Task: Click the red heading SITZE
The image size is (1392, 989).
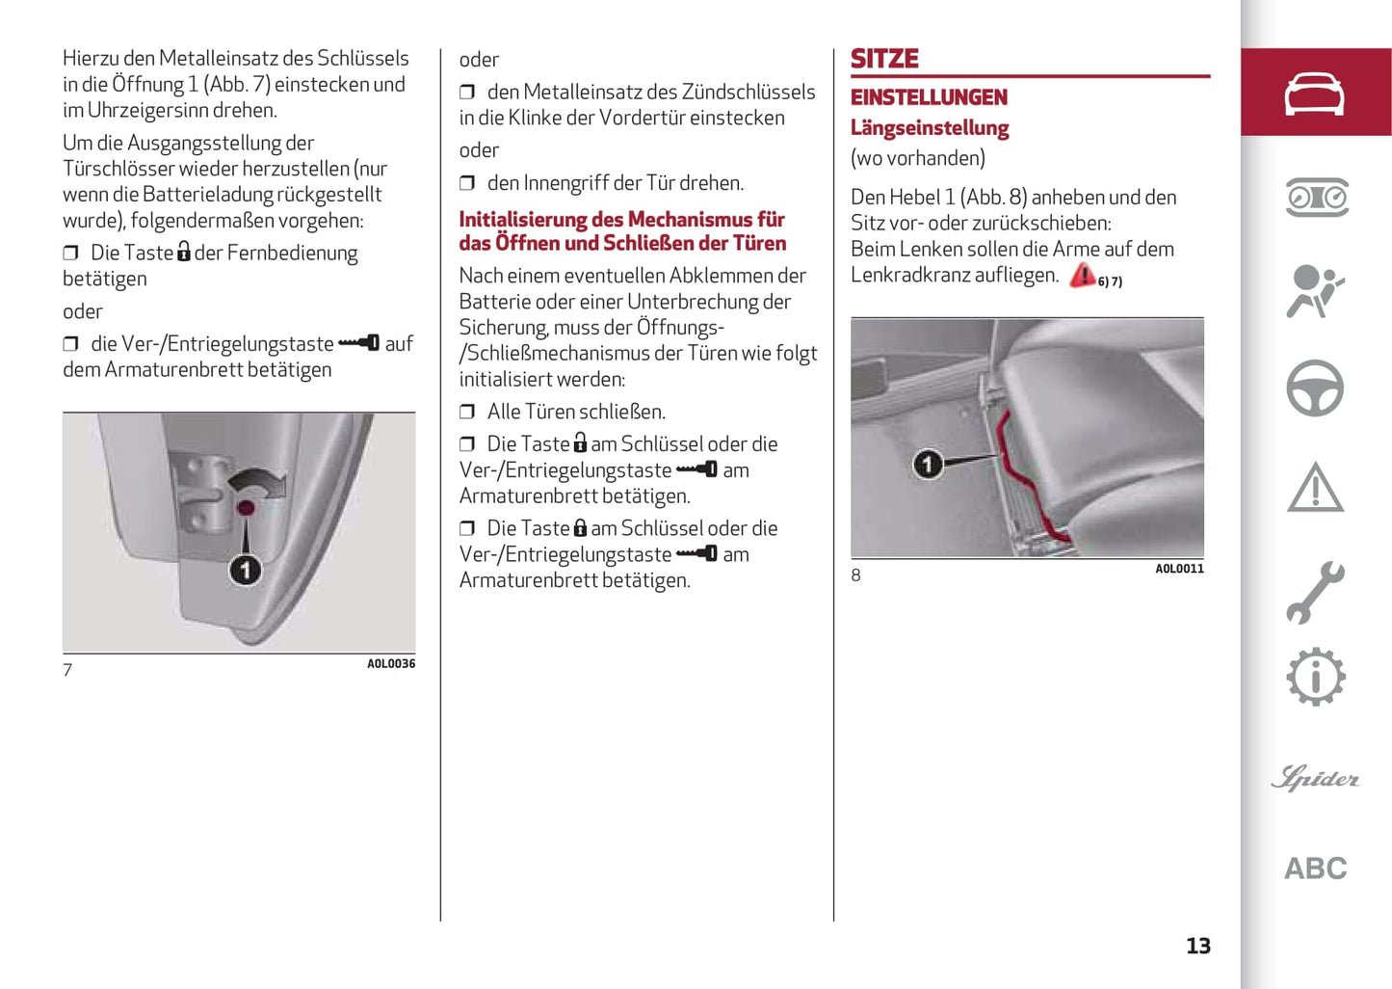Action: point(884,59)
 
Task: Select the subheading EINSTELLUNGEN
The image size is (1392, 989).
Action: point(929,97)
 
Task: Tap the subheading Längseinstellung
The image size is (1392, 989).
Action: point(930,128)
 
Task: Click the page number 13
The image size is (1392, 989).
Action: point(1197,946)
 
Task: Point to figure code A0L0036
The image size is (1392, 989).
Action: point(391,663)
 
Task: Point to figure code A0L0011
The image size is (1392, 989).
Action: point(1179,569)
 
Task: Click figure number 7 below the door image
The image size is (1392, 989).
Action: point(67,670)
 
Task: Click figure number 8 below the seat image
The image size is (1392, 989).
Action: point(855,575)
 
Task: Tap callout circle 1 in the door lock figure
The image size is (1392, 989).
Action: point(245,570)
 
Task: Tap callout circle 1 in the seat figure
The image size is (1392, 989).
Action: point(927,465)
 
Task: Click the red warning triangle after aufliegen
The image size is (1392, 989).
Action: point(1083,276)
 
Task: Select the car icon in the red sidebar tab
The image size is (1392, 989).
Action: point(1315,94)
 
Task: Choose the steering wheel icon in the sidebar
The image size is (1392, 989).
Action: point(1315,388)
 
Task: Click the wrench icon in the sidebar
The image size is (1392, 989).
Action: point(1315,592)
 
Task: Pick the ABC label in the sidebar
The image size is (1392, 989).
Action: point(1315,869)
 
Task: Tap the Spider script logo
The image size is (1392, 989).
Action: point(1315,778)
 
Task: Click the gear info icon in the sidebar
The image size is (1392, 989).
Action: point(1315,677)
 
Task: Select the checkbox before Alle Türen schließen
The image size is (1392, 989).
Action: point(467,413)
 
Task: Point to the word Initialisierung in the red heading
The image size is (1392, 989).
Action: point(523,220)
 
